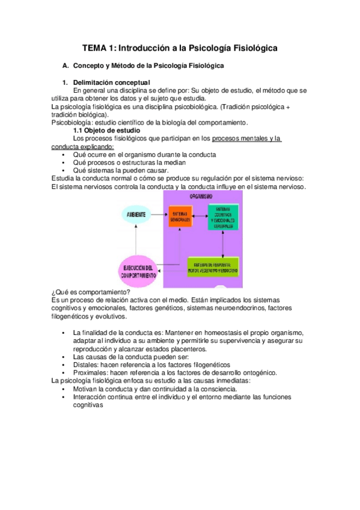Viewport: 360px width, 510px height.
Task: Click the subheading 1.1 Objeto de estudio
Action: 106,130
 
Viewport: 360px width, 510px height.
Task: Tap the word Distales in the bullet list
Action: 86,364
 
